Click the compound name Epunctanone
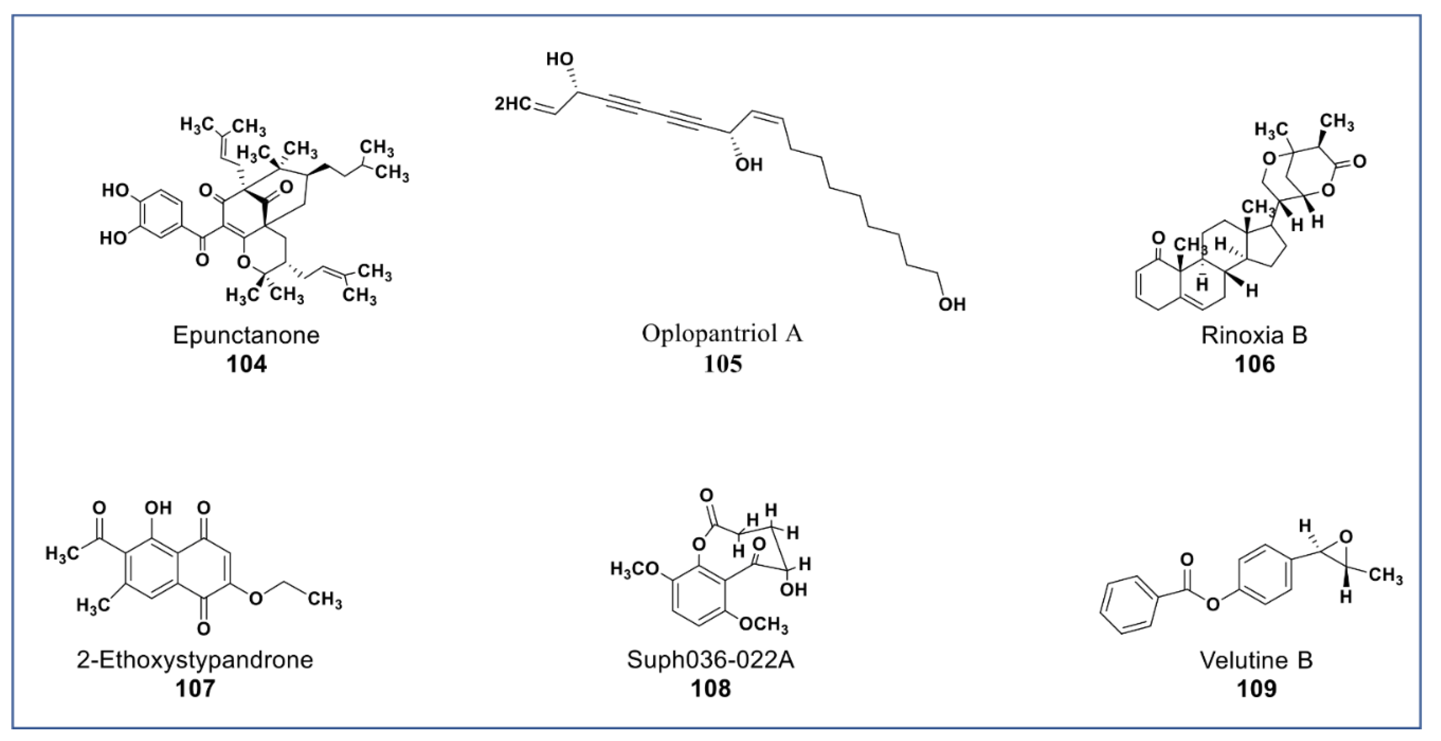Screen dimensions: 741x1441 point(246,335)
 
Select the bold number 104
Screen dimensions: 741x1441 point(246,364)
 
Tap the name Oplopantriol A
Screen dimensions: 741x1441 point(722,334)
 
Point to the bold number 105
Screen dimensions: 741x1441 point(723,364)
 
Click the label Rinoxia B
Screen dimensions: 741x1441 point(1255,335)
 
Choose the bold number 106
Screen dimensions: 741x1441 point(1255,364)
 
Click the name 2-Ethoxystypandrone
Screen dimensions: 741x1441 point(195,660)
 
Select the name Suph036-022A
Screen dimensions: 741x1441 point(710,660)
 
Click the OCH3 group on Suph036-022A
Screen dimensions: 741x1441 point(764,624)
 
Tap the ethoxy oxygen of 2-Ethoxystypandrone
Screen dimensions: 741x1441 point(256,598)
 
